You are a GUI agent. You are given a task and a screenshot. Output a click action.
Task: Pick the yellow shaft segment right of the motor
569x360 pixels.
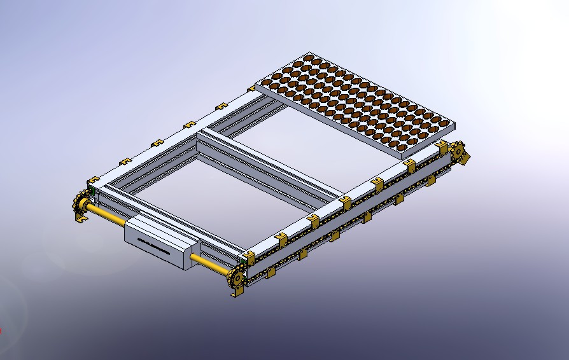[x=209, y=263]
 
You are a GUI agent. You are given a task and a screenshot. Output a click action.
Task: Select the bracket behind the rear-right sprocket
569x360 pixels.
[x=467, y=159]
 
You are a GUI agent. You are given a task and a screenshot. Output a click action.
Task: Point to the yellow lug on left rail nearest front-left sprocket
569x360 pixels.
[x=94, y=180]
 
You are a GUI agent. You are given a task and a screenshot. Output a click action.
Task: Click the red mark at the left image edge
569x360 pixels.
[x=1, y=330]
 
